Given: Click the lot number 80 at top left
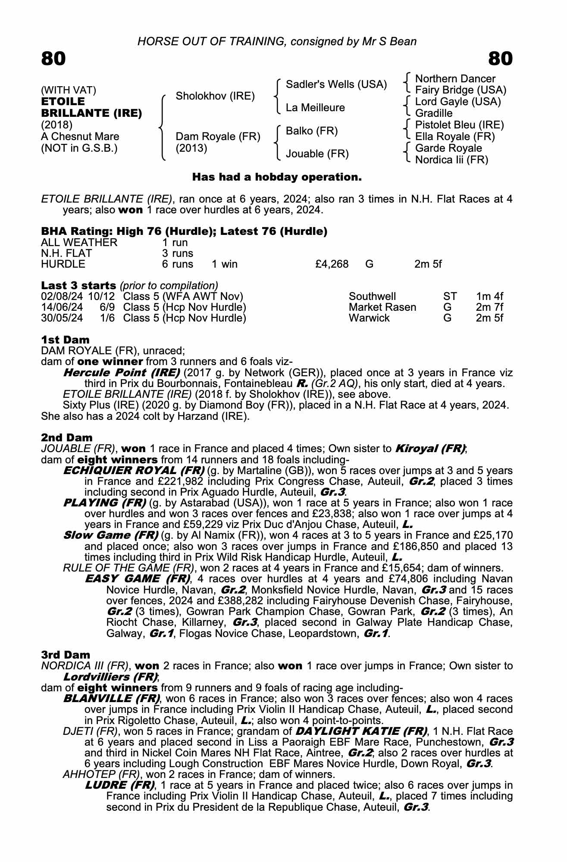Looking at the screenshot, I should [x=53, y=59].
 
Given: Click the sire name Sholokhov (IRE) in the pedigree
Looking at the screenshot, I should [x=215, y=96].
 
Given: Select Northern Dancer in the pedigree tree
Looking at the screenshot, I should [x=455, y=79].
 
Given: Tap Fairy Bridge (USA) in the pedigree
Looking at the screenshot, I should [x=460, y=90].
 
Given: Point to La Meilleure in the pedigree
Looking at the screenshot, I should [x=315, y=107].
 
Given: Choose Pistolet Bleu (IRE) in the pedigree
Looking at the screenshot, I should [x=459, y=125].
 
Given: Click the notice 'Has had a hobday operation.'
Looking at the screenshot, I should [x=277, y=177].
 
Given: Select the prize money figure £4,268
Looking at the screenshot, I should [x=332, y=264].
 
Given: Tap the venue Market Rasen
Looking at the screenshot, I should [x=382, y=307].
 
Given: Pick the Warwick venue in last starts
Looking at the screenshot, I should [x=369, y=318].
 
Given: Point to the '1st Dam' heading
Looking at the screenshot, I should [x=65, y=340].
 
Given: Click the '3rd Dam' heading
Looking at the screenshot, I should [x=66, y=655].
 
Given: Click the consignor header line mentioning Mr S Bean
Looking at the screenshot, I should [x=277, y=41].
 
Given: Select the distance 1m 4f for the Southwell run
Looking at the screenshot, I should [x=489, y=297].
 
